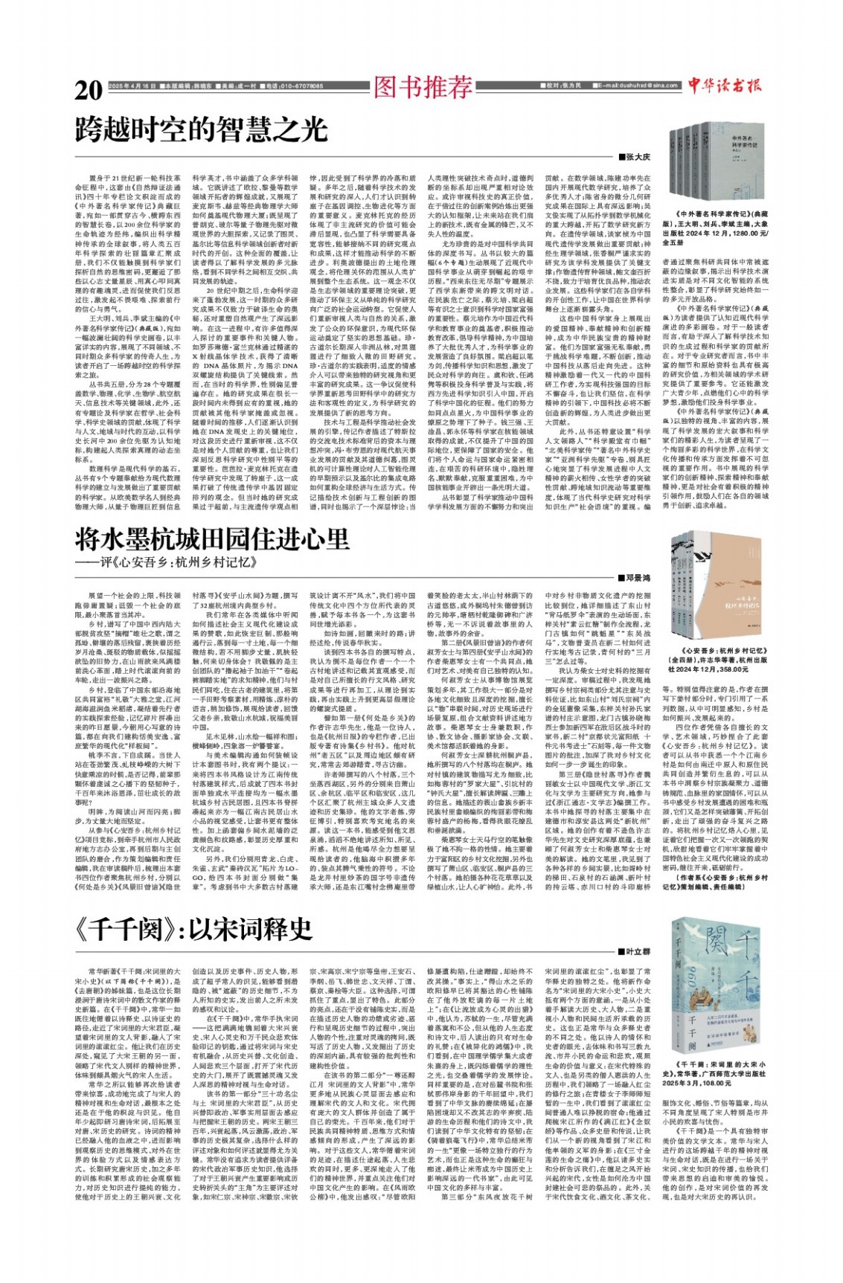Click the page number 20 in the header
click(89, 90)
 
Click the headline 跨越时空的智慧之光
click(202, 130)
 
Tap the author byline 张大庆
click(638, 157)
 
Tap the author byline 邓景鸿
click(638, 577)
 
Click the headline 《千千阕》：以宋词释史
click(193, 929)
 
